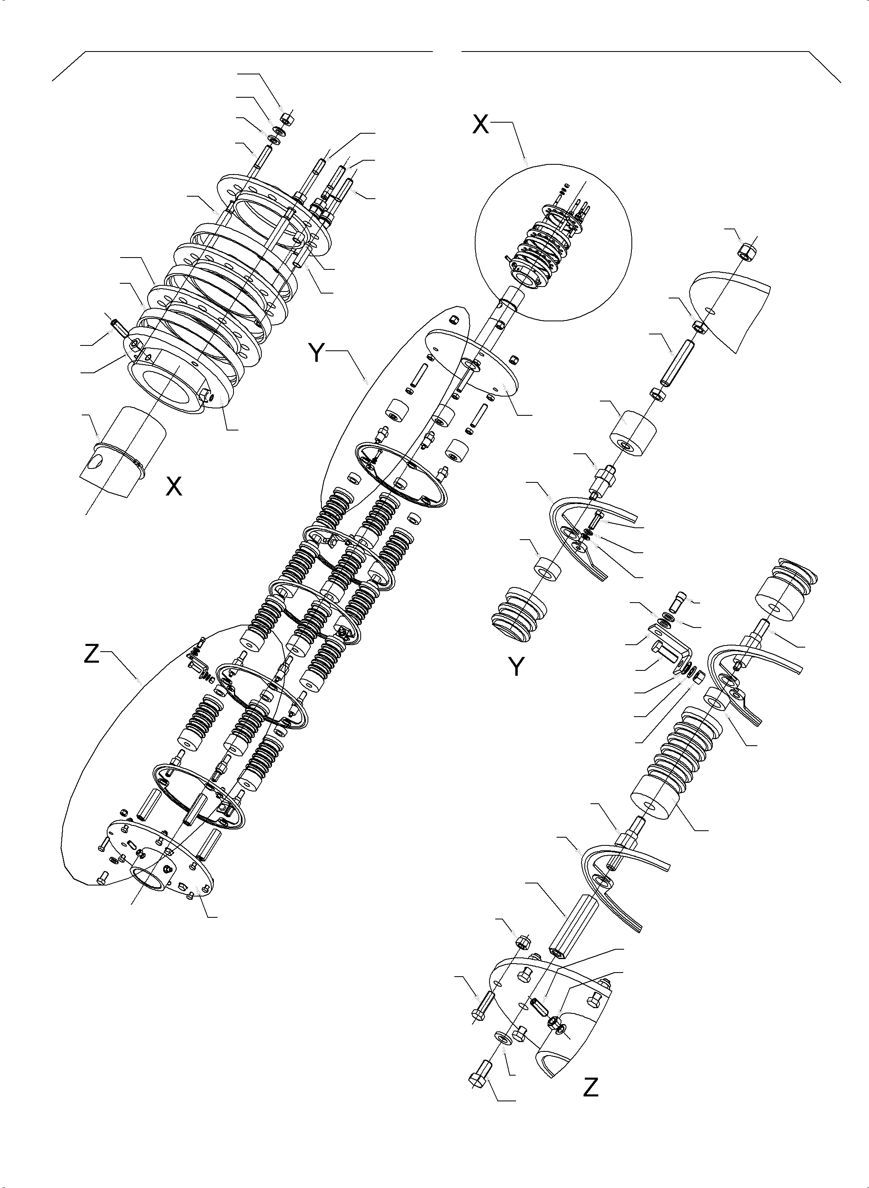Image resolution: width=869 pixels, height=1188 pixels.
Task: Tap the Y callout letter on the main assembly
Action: pyautogui.click(x=317, y=352)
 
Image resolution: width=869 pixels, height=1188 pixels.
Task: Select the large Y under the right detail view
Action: pyautogui.click(x=517, y=667)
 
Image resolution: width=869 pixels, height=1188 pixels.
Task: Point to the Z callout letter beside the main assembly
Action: pyautogui.click(x=92, y=654)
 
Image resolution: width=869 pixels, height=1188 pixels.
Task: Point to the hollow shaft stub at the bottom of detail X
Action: pyautogui.click(x=122, y=452)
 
